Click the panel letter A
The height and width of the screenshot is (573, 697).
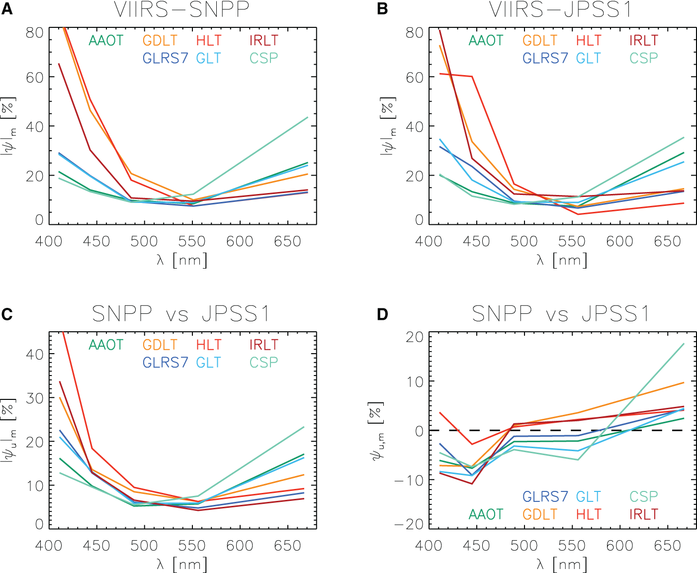[6, 9]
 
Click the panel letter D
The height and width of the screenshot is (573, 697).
[382, 314]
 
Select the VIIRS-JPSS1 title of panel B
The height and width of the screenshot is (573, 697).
[560, 10]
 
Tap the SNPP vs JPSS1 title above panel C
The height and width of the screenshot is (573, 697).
[181, 314]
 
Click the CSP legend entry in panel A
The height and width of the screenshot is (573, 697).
[263, 58]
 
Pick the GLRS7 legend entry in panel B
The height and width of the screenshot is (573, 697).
[545, 58]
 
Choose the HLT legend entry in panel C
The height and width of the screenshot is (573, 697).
[209, 345]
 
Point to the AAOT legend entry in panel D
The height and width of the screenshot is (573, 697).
[486, 514]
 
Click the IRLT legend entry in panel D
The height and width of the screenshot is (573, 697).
[643, 514]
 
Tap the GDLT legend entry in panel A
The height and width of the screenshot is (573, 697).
[160, 40]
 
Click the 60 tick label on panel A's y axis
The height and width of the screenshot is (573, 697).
[35, 77]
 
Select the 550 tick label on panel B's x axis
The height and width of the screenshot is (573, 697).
[572, 242]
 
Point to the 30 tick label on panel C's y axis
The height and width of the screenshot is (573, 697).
[35, 398]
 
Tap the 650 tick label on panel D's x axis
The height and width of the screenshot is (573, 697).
[667, 546]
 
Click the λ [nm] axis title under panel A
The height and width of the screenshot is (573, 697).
[182, 260]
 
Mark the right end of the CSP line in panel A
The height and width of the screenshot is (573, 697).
[308, 117]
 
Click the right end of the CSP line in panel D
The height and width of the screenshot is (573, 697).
[684, 344]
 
